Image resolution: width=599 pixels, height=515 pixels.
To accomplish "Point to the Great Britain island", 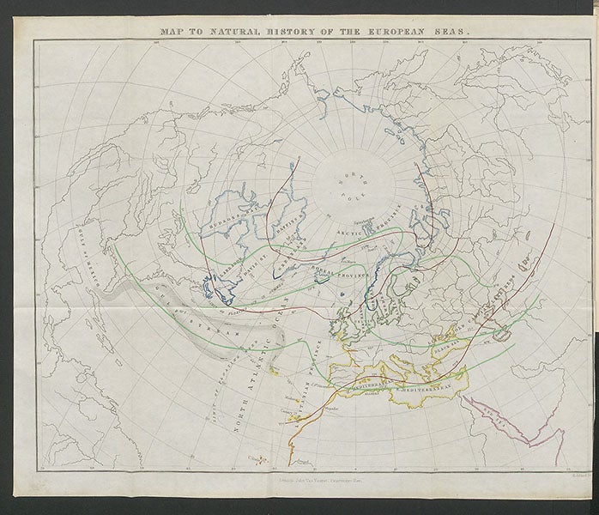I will (348, 313).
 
